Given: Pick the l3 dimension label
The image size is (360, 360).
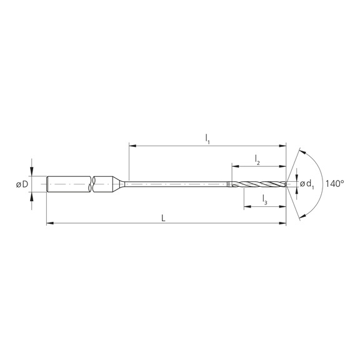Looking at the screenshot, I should coord(264,200).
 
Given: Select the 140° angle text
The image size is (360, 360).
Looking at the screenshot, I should coord(335,184).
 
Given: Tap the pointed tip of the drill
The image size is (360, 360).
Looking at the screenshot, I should coord(286,184).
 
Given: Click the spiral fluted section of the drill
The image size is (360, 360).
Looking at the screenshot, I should coord(259,184).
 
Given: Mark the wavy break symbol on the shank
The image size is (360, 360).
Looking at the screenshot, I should coord(93,184).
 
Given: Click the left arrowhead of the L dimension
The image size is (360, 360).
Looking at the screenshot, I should coord(49,222).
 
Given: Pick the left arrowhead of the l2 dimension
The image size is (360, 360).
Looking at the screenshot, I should coord(234,167).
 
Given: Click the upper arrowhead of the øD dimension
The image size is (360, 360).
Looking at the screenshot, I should coord(31,173).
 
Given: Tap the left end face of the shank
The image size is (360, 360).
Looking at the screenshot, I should coord(47,184).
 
